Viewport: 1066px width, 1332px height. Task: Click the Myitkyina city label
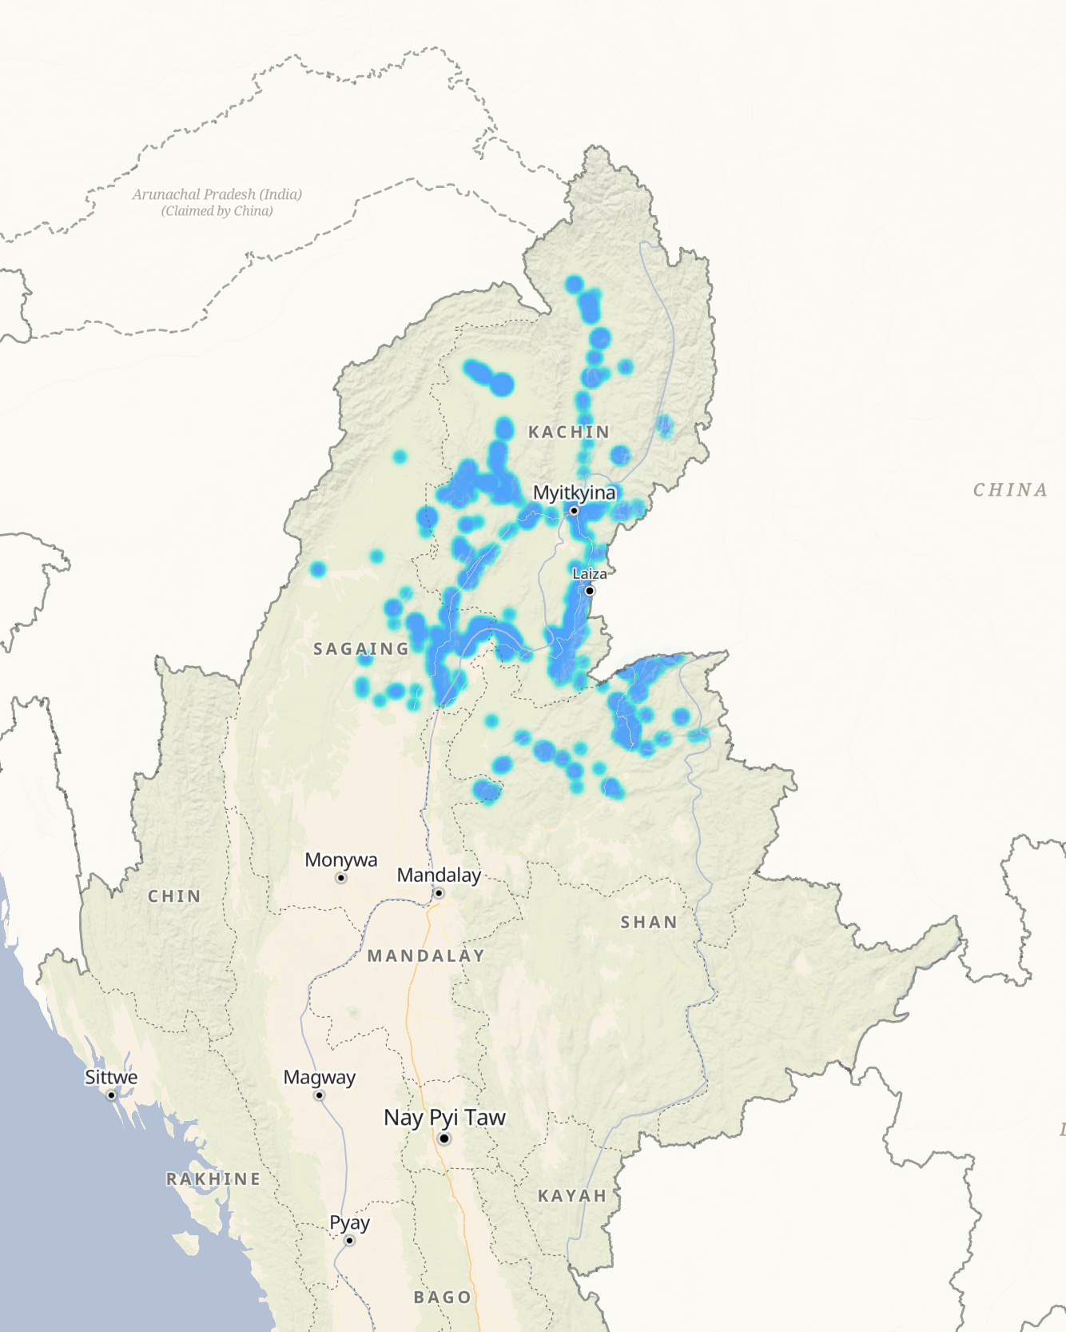[574, 493]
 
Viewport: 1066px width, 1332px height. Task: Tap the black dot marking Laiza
[590, 591]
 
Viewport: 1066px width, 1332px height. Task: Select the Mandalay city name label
[439, 875]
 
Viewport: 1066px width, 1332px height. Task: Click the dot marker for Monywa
[341, 878]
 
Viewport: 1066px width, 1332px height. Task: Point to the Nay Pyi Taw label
[444, 1117]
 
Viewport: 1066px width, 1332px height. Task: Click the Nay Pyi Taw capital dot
[444, 1139]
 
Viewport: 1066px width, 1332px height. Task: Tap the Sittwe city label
[111, 1077]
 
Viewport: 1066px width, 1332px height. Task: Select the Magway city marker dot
[319, 1095]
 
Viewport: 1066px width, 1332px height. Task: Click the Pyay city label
[349, 1222]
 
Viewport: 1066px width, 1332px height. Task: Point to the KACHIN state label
[569, 433]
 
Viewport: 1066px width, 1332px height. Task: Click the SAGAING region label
[361, 649]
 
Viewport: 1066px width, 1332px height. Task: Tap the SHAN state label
[649, 923]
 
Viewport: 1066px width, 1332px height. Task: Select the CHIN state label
[174, 896]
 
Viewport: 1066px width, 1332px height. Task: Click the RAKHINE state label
[213, 1179]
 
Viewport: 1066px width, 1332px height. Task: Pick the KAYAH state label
[572, 1196]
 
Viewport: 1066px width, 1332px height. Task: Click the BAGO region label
[443, 1298]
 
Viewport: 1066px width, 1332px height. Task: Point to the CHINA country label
[1010, 490]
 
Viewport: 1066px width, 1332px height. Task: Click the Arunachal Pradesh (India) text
[217, 194]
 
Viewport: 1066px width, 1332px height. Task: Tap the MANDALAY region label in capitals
[426, 956]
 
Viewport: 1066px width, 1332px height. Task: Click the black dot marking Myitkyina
[574, 511]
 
